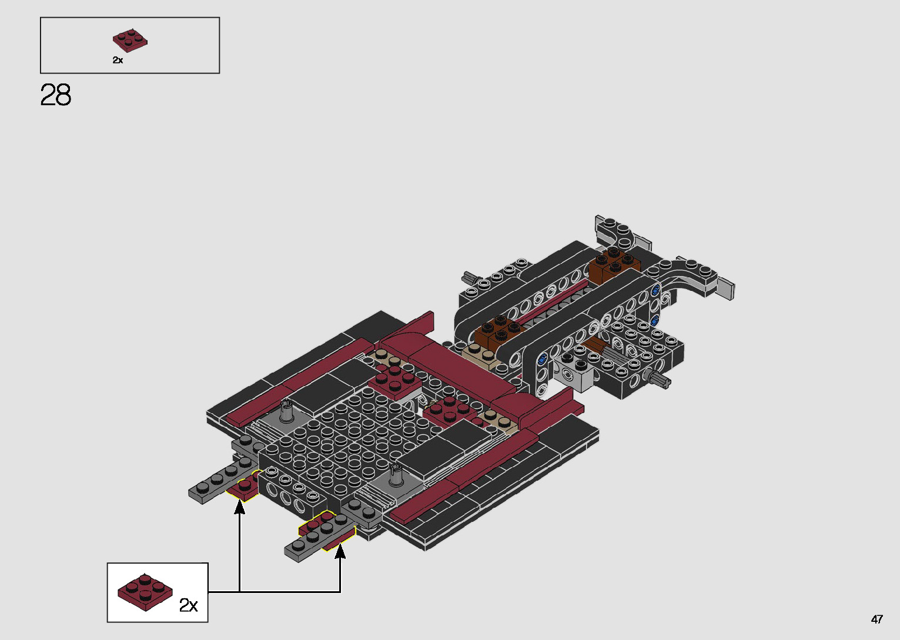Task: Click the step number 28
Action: click(56, 95)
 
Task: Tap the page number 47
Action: click(876, 619)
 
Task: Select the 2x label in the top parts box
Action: click(118, 60)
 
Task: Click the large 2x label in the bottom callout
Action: click(188, 605)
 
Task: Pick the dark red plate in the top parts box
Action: click(130, 41)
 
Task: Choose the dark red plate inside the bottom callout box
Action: click(145, 592)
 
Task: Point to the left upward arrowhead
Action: click(239, 507)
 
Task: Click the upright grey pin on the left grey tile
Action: click(287, 411)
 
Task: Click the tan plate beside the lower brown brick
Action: click(479, 352)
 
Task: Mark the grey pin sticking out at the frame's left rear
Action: click(471, 277)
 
